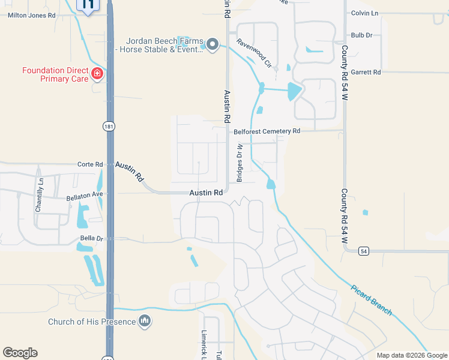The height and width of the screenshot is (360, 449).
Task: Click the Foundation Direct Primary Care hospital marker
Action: point(97,74)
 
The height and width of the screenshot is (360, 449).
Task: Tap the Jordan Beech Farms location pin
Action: point(212,44)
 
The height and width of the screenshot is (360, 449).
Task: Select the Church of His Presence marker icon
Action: point(144,322)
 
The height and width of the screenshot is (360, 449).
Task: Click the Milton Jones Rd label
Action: point(31,16)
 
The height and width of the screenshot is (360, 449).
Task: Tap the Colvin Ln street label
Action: point(365,13)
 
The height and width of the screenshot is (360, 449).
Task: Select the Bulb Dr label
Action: point(362,35)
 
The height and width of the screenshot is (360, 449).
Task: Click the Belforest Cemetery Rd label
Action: point(267,131)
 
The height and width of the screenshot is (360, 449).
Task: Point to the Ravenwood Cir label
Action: point(255,53)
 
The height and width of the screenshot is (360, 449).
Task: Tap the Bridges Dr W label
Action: point(240,163)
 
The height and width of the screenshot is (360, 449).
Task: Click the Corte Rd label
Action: point(91,164)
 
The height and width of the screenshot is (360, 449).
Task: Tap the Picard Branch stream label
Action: point(372,299)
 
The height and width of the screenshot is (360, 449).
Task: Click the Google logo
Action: point(20,353)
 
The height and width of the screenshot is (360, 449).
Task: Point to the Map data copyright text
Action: point(412,355)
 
